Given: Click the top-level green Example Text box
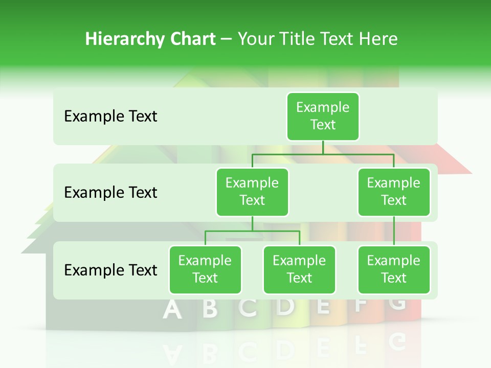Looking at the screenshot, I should point(323,116).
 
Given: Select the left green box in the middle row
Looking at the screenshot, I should point(252,192).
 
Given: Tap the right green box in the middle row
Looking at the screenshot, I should point(394,192).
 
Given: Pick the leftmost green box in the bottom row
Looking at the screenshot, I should point(205,269).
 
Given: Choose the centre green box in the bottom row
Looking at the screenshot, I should point(299,269).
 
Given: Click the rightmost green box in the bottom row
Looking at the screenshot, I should point(394,269).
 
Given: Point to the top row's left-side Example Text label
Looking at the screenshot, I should point(110,117).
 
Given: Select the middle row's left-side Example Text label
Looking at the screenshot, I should point(110,193).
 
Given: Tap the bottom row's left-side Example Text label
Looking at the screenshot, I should point(110,270).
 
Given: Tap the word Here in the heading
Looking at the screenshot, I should point(378,39).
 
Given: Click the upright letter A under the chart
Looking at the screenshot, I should point(172,310).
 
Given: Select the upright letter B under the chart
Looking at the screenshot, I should point(209,308).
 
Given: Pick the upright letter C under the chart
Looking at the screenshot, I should point(248,307).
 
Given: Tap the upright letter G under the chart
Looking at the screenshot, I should point(397,303).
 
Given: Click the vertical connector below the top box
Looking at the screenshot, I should point(323,147).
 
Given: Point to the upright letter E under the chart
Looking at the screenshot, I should point(323,305).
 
